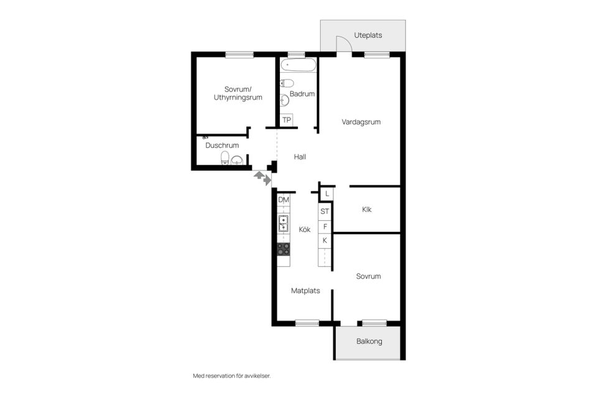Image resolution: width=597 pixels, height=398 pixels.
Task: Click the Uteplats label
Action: (x=368, y=35)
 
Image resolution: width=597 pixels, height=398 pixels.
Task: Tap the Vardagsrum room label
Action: (x=361, y=122)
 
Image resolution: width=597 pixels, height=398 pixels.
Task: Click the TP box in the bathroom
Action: (x=287, y=120)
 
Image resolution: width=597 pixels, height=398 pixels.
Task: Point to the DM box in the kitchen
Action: (x=284, y=200)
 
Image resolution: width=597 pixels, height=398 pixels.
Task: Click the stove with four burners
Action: (x=284, y=249)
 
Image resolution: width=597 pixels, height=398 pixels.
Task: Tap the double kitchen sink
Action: (x=284, y=223)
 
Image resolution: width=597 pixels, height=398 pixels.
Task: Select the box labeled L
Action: (x=326, y=194)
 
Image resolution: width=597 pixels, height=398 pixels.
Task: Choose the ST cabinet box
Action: (x=325, y=211)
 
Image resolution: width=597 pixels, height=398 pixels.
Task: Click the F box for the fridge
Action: (x=325, y=226)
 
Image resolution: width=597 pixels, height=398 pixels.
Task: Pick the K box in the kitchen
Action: (x=325, y=241)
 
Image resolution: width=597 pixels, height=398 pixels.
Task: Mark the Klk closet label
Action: (x=367, y=210)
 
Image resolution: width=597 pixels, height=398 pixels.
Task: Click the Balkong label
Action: (x=369, y=341)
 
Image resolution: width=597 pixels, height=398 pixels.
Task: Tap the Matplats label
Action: (x=305, y=290)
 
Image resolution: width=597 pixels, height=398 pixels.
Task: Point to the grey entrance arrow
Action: (x=263, y=178)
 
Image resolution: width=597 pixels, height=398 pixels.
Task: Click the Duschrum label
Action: (x=222, y=146)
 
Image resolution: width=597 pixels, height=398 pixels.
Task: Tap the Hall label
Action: (x=300, y=157)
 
